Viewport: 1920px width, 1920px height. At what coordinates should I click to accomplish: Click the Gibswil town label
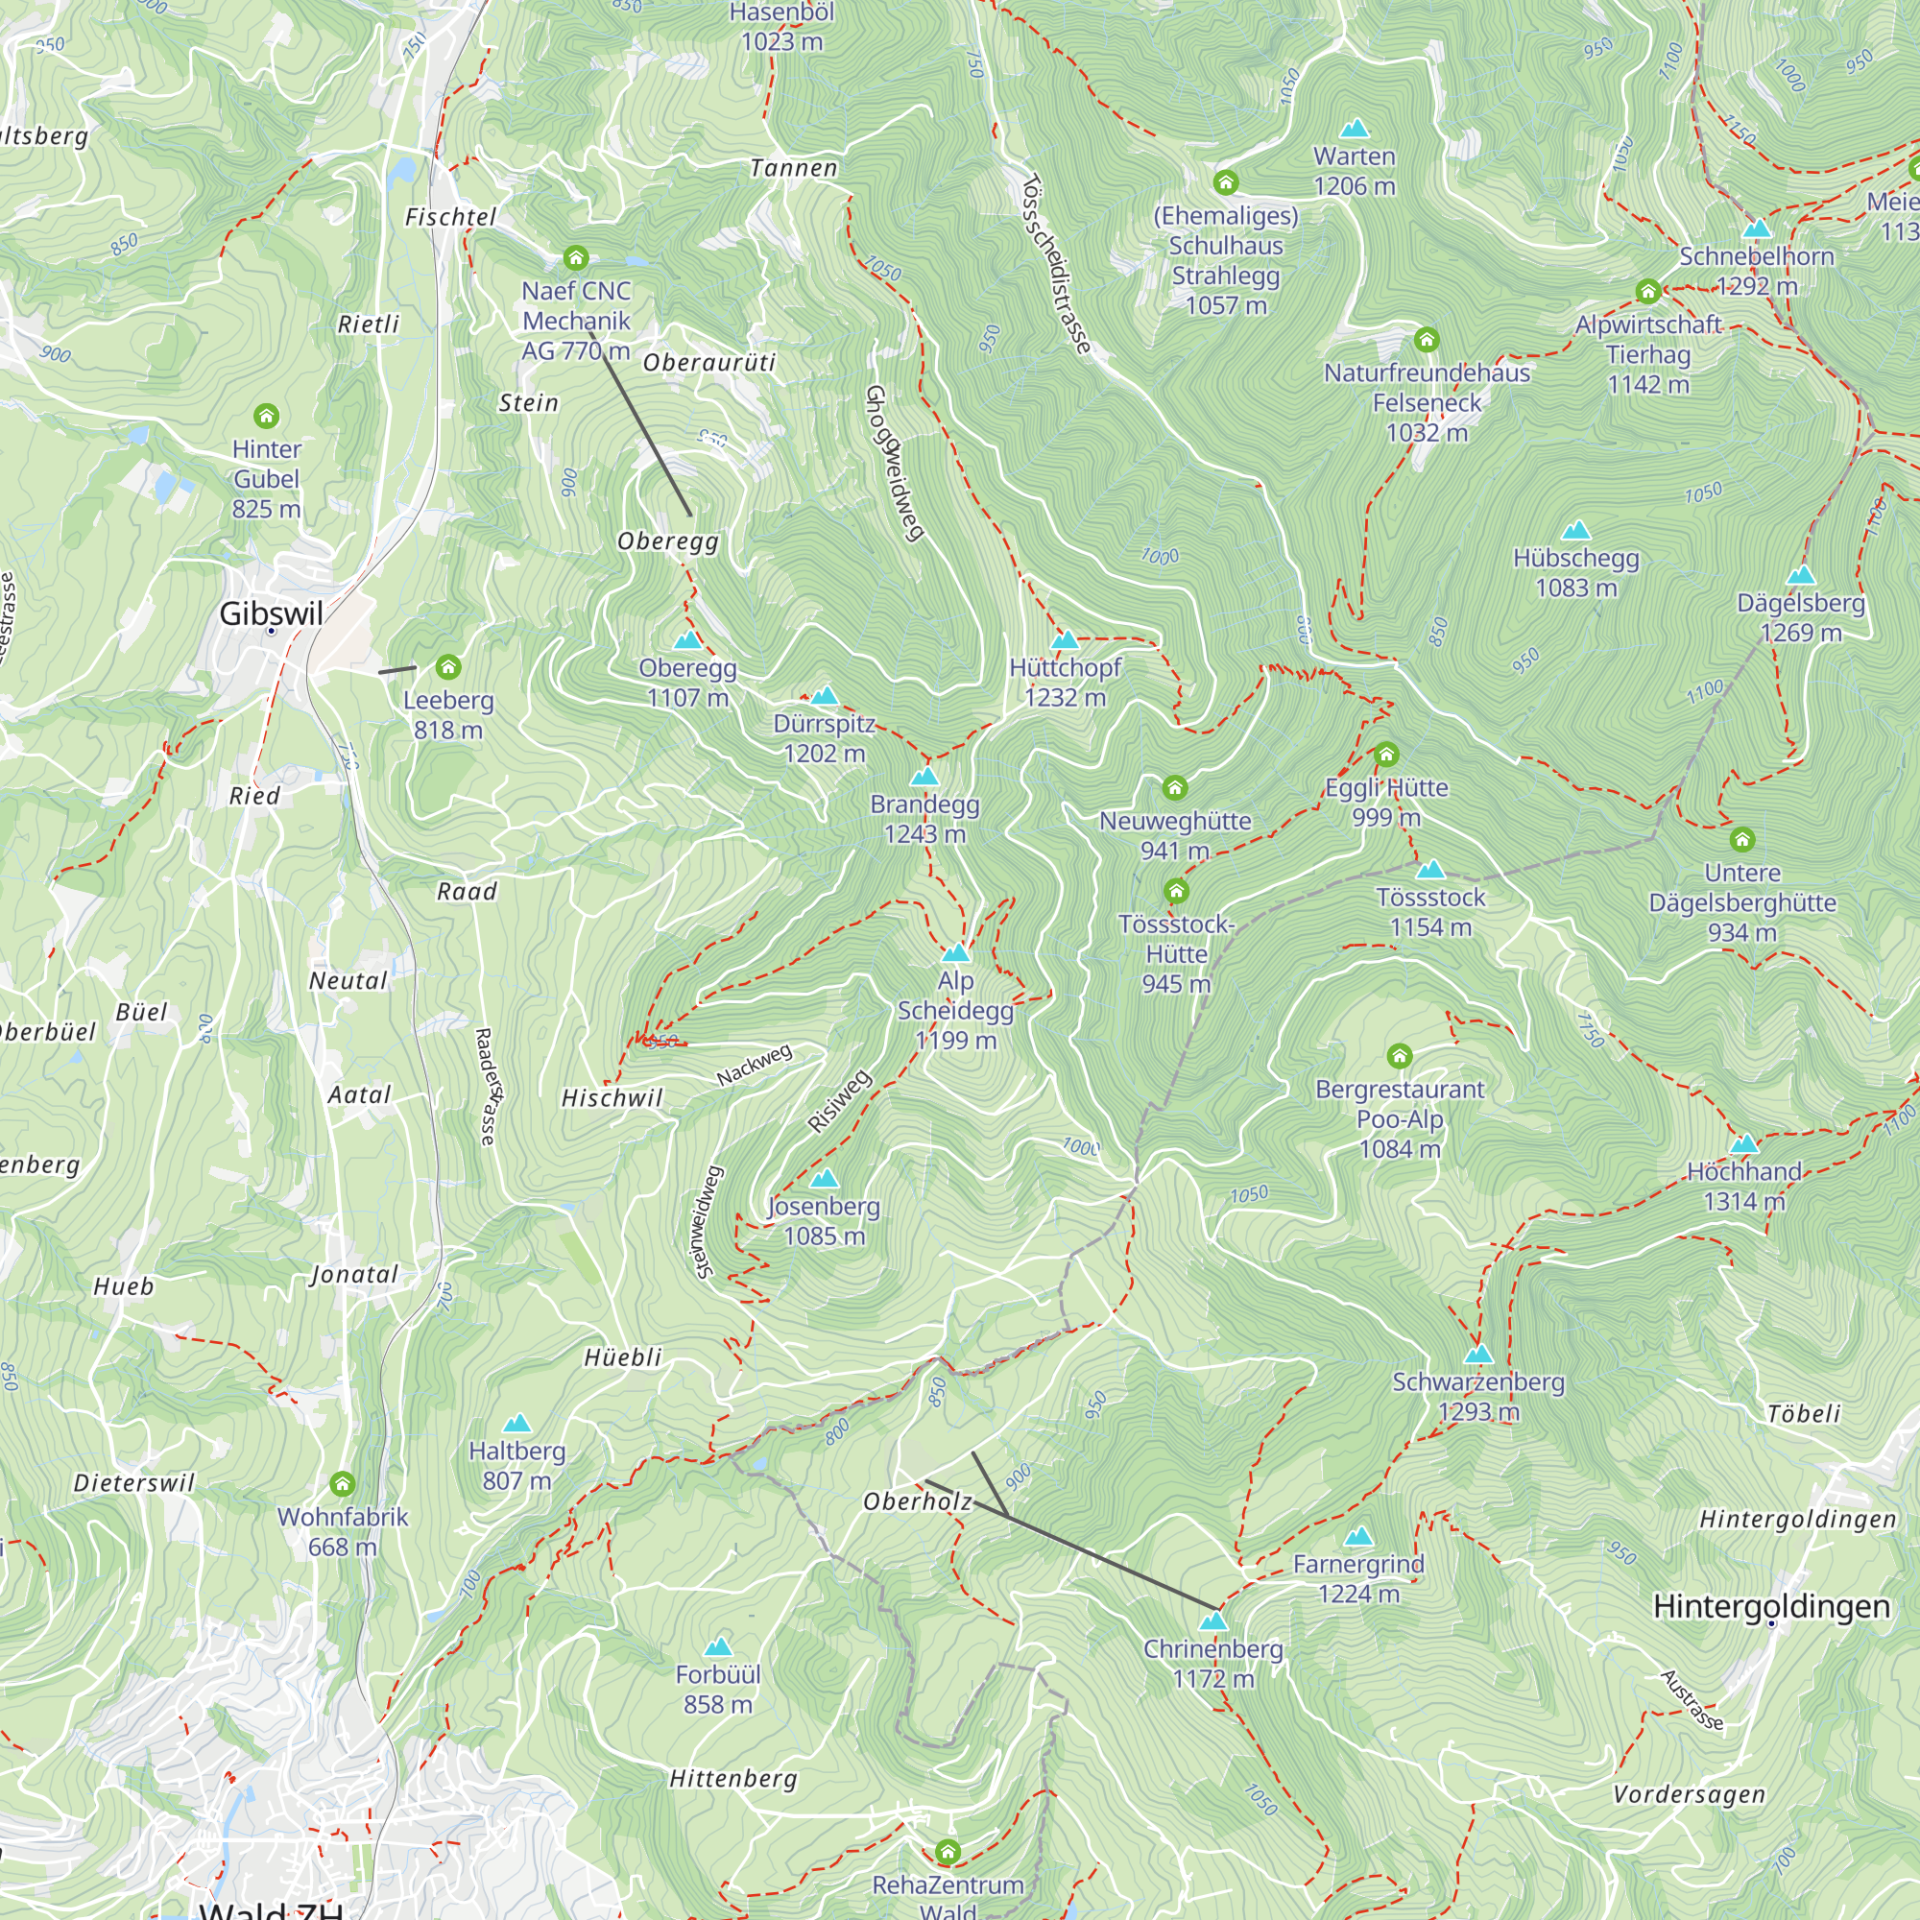click(x=271, y=613)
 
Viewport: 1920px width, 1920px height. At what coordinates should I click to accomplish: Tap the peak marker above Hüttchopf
click(x=1065, y=640)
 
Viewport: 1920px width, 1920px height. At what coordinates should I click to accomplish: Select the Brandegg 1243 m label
click(x=924, y=819)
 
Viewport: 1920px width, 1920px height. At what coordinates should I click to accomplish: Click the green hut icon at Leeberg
click(x=448, y=667)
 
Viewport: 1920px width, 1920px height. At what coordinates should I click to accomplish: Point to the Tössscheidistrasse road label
click(x=1056, y=264)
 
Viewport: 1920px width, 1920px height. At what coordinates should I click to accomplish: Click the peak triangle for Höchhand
click(x=1744, y=1145)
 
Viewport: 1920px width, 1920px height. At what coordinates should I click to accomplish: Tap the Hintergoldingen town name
click(x=1771, y=1606)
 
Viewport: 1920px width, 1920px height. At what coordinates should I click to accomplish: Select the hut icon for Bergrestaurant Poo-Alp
click(x=1400, y=1055)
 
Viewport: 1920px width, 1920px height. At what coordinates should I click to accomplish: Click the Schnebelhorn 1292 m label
click(x=1756, y=271)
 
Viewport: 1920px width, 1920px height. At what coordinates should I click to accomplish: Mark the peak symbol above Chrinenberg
click(x=1212, y=1621)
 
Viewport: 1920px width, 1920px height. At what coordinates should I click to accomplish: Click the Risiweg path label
click(x=839, y=1101)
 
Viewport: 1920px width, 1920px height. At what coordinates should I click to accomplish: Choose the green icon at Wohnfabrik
click(x=343, y=1484)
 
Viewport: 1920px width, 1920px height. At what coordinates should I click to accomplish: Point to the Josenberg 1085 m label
click(x=824, y=1220)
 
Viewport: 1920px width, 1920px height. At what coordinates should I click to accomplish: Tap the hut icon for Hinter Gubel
click(x=266, y=416)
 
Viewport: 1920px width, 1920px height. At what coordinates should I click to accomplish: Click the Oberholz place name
click(x=917, y=1501)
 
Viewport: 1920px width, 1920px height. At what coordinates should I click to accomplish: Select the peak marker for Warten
click(x=1355, y=130)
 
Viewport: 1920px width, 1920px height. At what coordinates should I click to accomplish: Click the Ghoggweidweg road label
click(x=895, y=463)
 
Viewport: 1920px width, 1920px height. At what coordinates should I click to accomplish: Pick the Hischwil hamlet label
click(x=612, y=1098)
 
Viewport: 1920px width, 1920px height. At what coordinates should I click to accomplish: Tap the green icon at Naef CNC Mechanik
click(x=575, y=258)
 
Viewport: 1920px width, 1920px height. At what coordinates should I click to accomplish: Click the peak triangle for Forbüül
click(x=717, y=1647)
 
